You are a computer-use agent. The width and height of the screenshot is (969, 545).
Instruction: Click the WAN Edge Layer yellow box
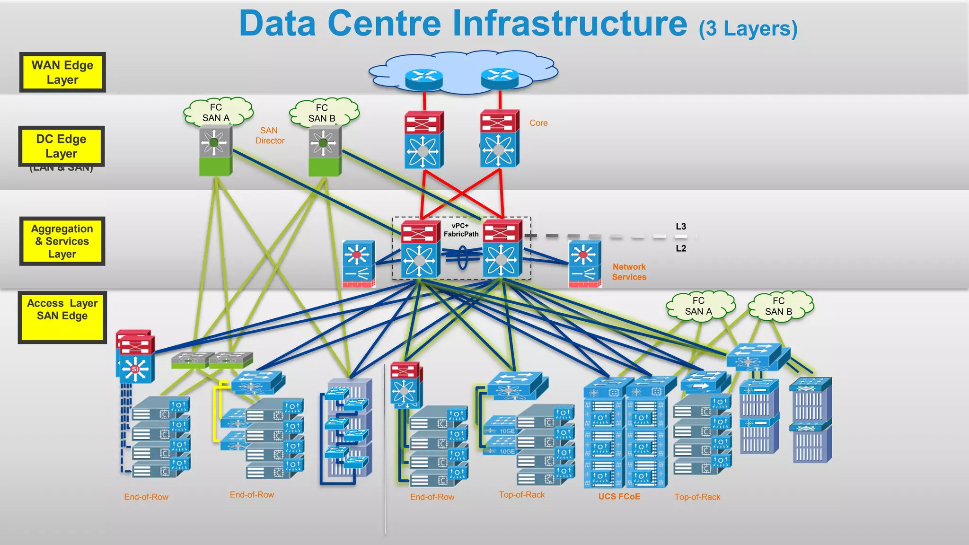point(62,72)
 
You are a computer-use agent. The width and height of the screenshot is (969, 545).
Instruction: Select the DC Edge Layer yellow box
point(61,146)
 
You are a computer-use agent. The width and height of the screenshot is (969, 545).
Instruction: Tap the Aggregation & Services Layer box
point(62,241)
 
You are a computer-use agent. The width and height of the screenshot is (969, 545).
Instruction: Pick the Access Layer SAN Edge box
point(62,316)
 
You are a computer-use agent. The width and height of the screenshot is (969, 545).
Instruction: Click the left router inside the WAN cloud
point(423,79)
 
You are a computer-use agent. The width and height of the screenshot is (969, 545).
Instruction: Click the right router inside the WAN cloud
point(500,78)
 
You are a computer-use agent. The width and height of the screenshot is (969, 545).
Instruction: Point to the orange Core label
point(538,123)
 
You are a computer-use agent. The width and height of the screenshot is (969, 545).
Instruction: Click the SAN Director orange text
point(269,135)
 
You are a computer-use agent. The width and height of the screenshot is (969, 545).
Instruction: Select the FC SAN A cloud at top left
point(217,113)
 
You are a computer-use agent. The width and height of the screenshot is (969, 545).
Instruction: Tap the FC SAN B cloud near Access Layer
point(779,307)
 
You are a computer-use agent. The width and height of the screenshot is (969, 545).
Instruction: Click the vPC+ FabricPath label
point(461,230)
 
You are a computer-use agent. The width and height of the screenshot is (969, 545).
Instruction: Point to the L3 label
point(680,227)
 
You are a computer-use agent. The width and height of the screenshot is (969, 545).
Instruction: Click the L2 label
point(680,248)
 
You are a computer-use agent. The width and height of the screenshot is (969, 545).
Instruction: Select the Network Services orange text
point(629,272)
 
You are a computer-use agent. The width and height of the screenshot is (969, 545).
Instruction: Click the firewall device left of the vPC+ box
point(359,264)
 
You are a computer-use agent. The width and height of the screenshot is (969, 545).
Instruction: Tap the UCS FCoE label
point(619,496)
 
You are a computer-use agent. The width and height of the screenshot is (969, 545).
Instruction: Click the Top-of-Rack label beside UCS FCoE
point(697,497)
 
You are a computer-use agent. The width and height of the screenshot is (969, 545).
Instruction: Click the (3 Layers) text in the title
point(748,28)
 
